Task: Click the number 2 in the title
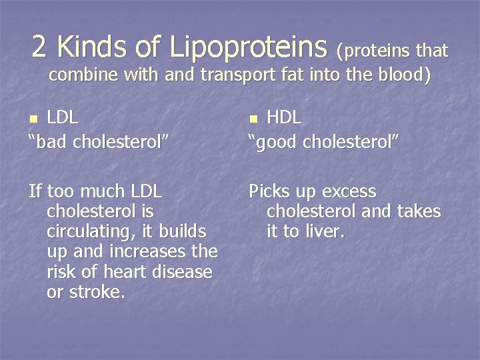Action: click(39, 46)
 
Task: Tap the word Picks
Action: click(272, 192)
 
